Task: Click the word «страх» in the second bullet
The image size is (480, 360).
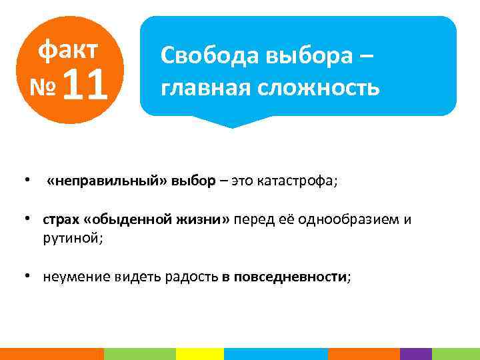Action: pos(62,221)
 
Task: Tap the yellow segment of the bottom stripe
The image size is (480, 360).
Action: pos(199,353)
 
